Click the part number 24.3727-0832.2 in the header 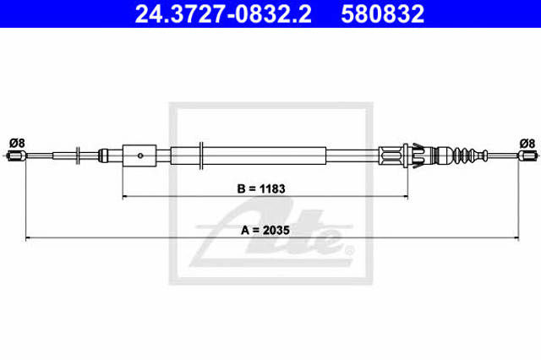(x=223, y=14)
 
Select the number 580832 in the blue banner (x=383, y=14)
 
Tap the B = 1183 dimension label (x=261, y=188)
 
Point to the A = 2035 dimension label (x=265, y=230)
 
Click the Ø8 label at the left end (x=17, y=143)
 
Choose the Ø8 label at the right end (x=527, y=143)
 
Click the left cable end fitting (x=16, y=155)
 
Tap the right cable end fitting (x=527, y=155)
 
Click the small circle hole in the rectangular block (x=140, y=155)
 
